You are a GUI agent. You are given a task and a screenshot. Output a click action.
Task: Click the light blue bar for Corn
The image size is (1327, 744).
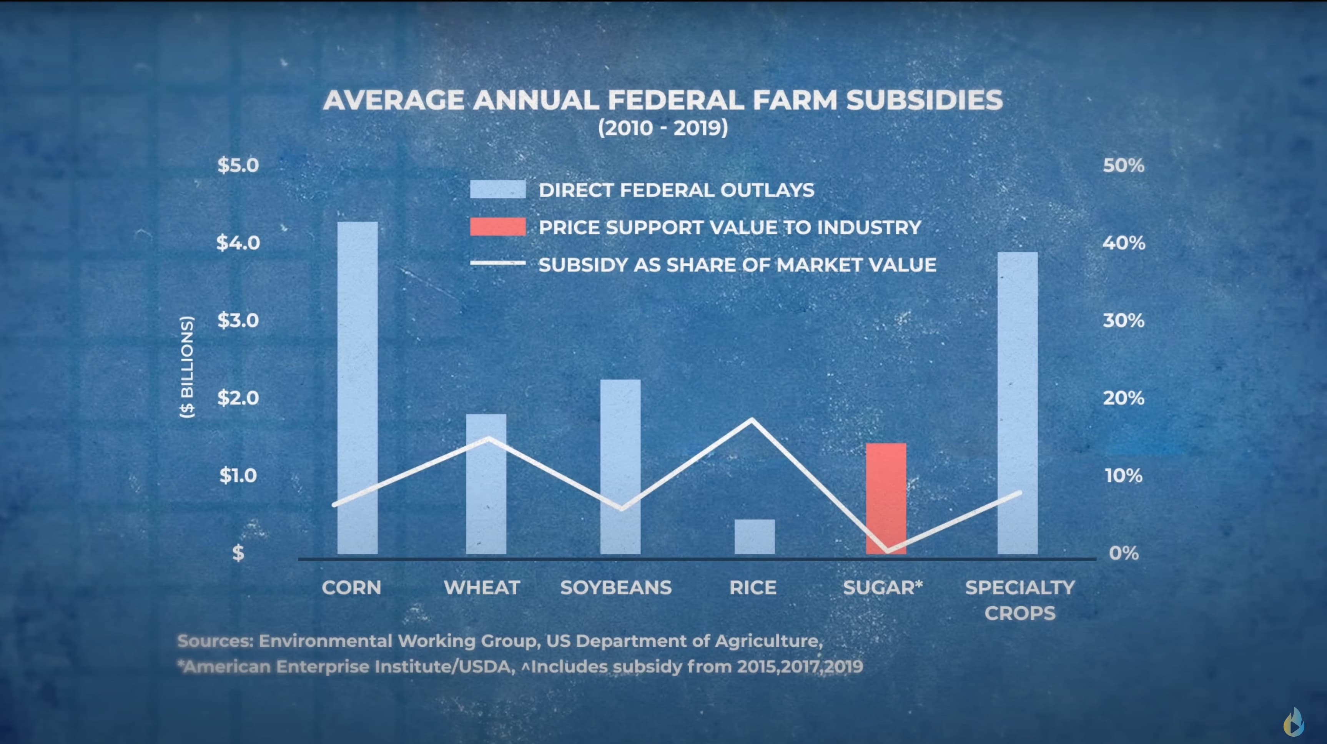[357, 387]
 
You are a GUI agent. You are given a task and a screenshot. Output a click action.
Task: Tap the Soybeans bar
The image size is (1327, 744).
[620, 467]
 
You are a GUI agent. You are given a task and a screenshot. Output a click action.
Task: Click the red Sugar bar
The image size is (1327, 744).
[886, 497]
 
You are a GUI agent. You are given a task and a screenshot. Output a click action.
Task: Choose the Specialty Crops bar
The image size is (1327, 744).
[1018, 402]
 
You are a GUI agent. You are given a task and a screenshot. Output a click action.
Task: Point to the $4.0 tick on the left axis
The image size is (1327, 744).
[238, 243]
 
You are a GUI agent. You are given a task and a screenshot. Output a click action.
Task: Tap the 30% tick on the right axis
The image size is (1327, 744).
[1124, 321]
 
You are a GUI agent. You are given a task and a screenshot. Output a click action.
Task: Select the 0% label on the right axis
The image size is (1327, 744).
[1124, 553]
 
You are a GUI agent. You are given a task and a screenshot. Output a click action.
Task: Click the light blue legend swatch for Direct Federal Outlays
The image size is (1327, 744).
[497, 189]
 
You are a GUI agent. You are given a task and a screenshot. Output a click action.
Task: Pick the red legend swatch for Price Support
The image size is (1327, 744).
[497, 227]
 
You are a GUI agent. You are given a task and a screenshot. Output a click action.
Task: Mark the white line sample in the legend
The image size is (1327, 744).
[497, 264]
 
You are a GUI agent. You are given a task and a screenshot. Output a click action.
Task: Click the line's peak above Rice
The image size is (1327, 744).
[752, 420]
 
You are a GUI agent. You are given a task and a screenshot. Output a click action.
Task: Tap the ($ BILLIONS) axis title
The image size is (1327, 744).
[187, 367]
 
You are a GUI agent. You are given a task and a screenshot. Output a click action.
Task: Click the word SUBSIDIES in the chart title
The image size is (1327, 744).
[924, 100]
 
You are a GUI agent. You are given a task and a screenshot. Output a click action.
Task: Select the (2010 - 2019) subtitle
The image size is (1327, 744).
[663, 128]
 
